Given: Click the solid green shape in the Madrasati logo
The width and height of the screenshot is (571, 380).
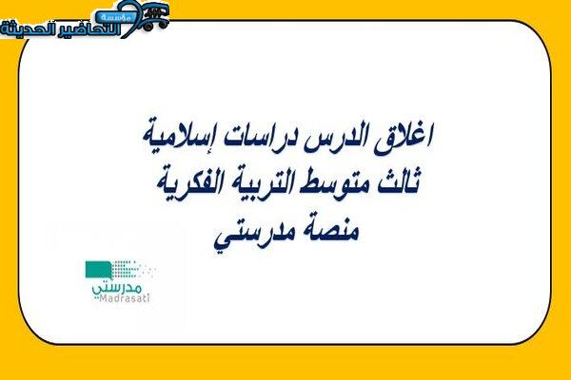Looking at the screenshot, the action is coord(98,270).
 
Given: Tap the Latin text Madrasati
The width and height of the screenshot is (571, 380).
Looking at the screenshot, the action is coord(124,298).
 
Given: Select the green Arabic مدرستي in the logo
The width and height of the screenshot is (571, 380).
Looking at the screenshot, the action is coord(116,287).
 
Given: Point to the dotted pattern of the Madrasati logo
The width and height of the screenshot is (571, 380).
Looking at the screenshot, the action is coord(133,270).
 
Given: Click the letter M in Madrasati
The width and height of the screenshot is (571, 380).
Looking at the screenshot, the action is coord(103,298).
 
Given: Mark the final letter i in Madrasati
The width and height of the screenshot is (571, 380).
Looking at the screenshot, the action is coord(148,298).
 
